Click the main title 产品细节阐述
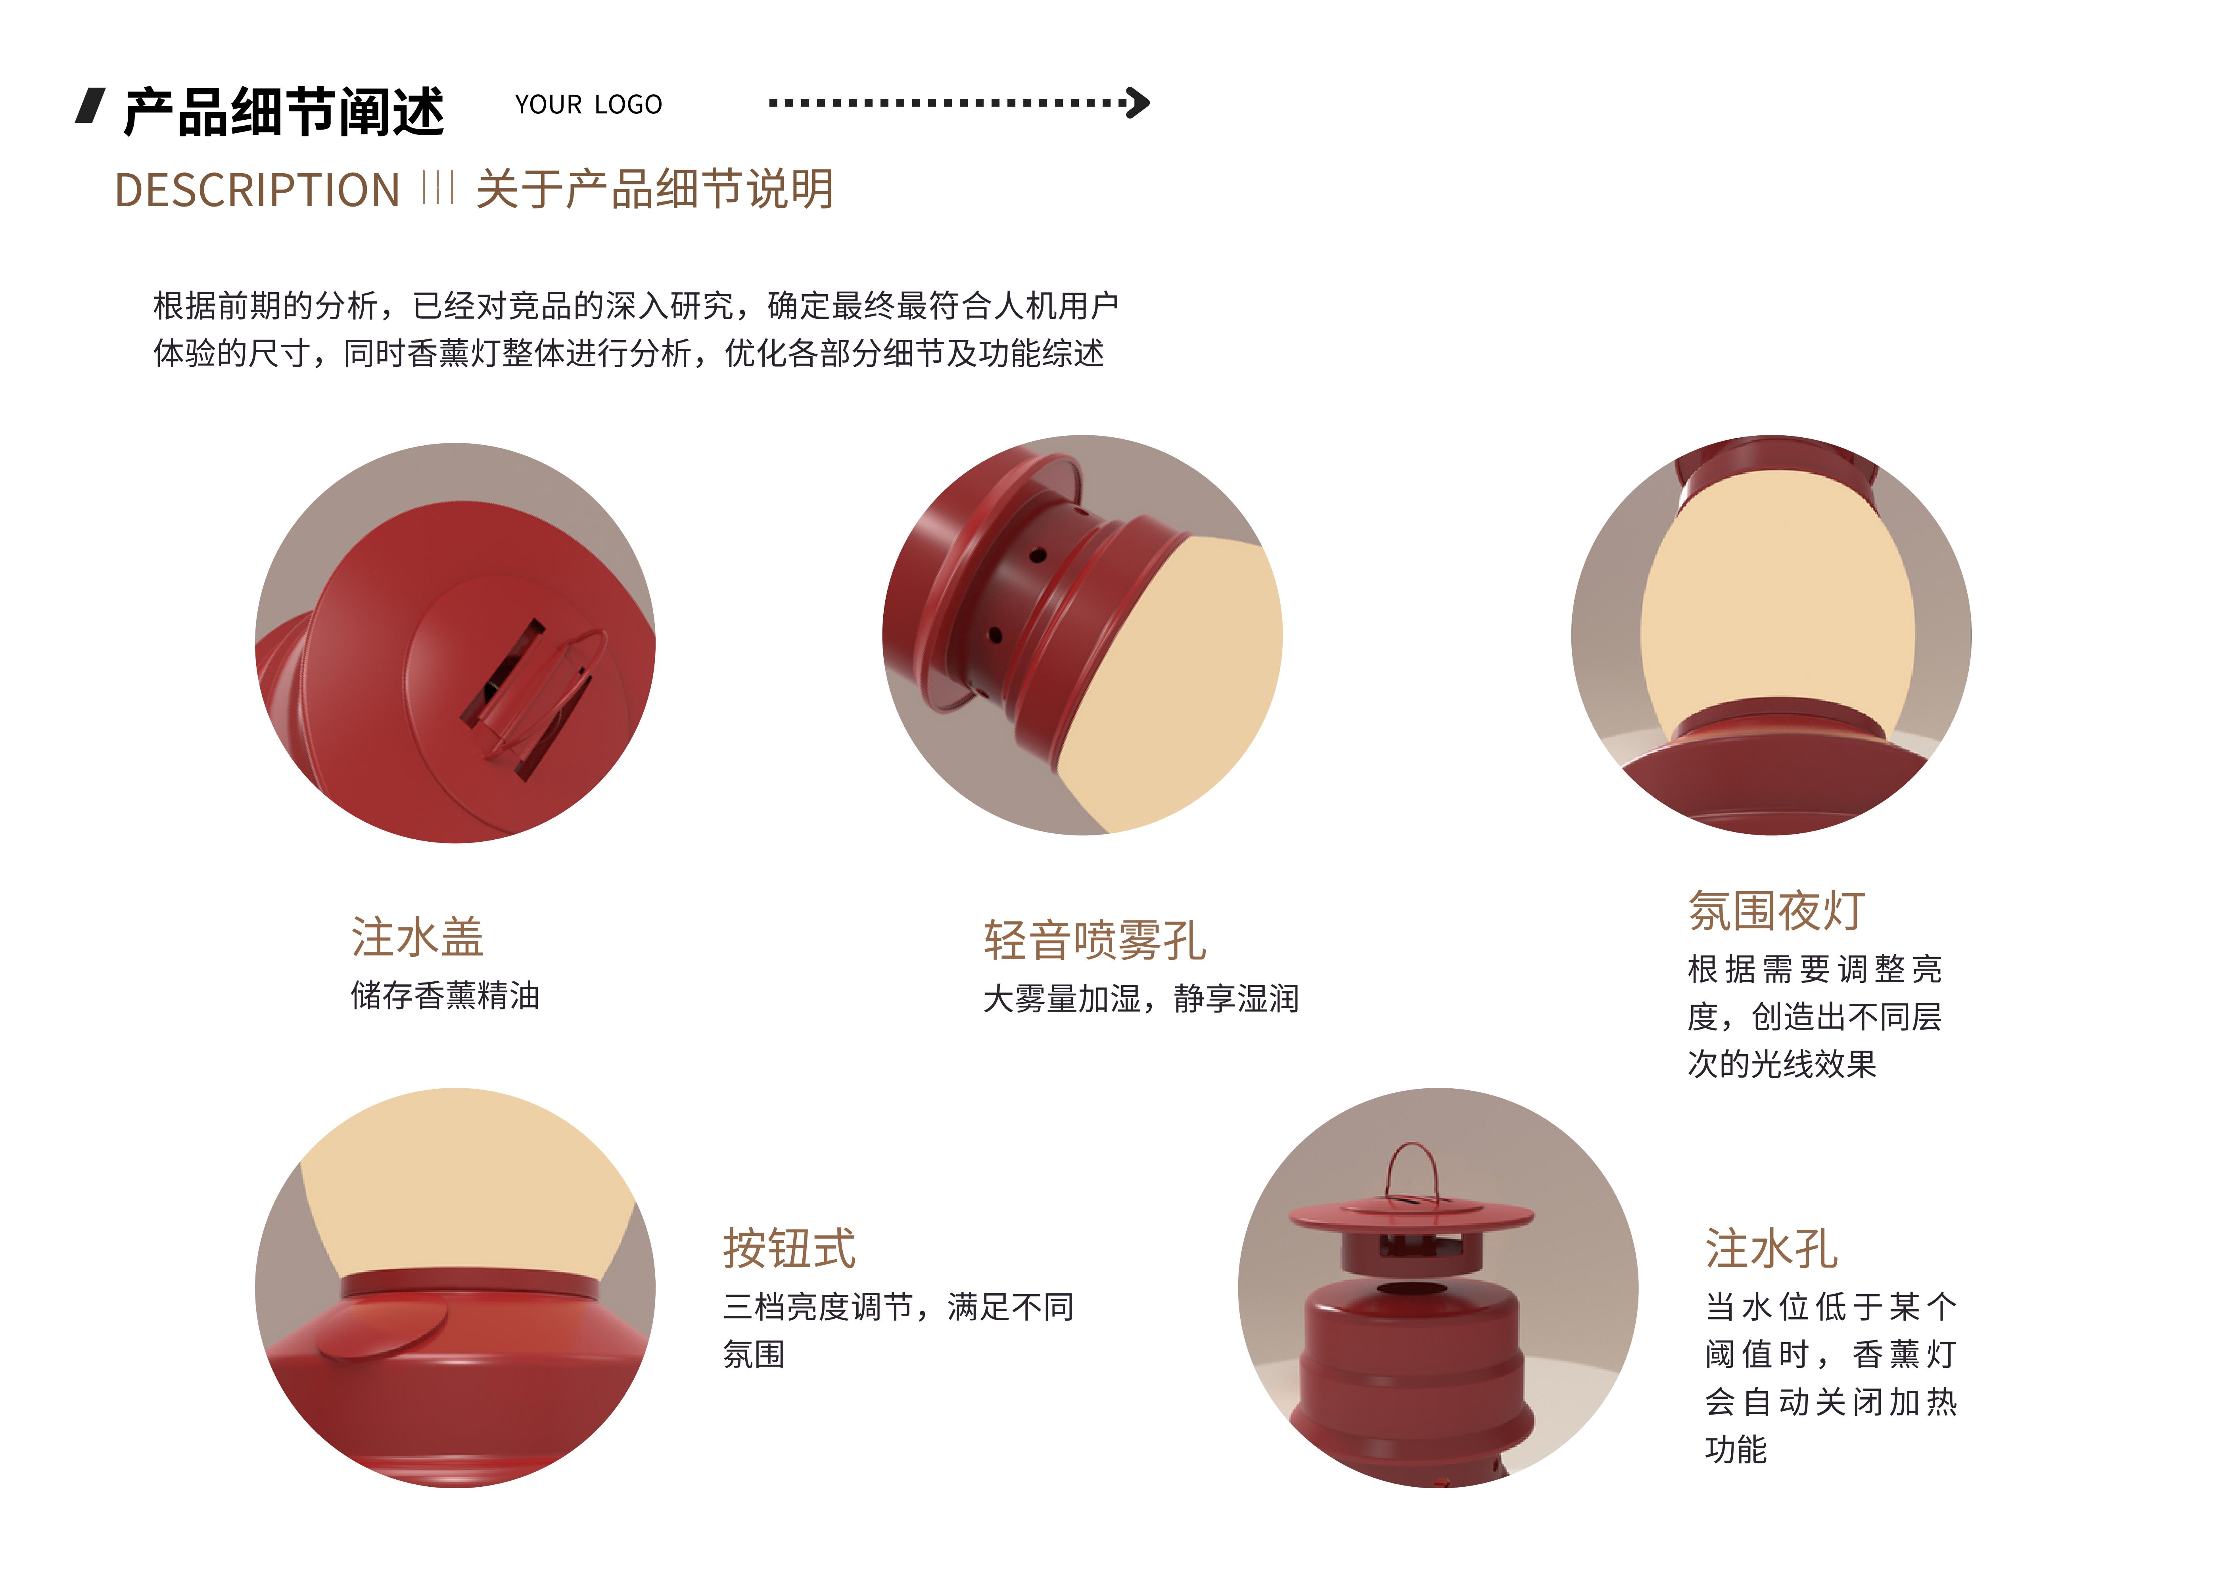coord(283,111)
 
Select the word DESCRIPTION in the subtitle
coord(257,190)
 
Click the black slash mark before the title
coord(90,106)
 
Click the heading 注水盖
coord(417,937)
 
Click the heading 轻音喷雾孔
coord(1094,940)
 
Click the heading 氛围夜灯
coord(1776,911)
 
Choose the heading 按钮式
coord(788,1248)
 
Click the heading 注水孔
coord(1771,1248)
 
